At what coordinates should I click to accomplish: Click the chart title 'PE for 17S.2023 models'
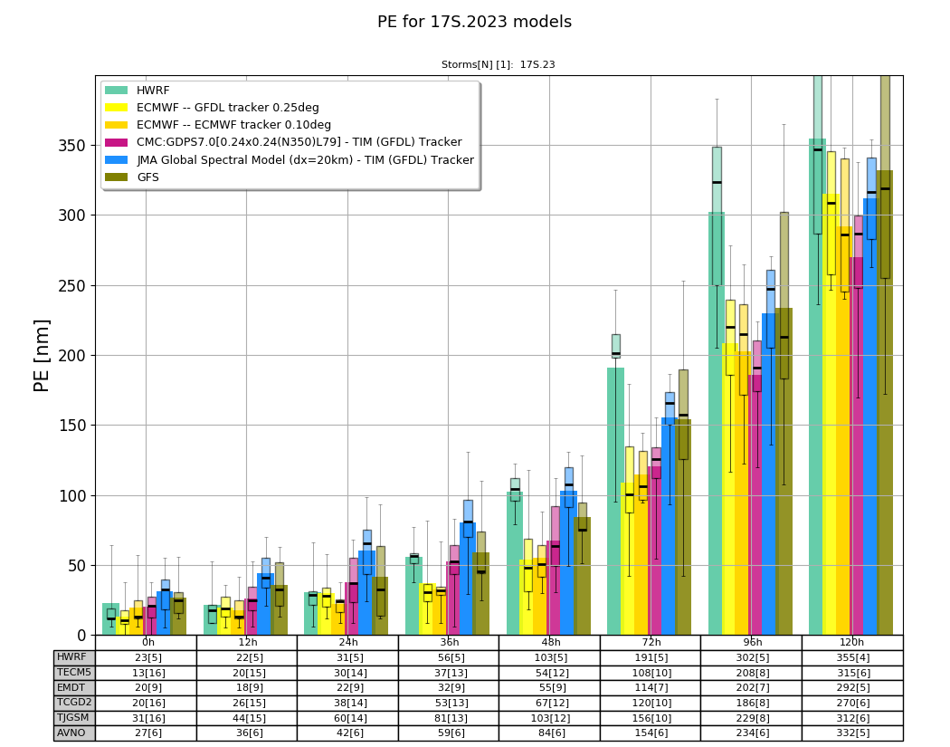tap(474, 22)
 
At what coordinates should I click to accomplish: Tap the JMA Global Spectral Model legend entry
tap(290, 160)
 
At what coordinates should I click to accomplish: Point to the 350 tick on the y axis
tap(72, 146)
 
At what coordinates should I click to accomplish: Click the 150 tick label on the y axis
tap(72, 426)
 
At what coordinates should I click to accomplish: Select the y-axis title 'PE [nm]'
tap(42, 356)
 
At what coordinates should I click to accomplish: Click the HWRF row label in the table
tap(71, 657)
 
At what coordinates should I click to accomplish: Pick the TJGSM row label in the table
tap(72, 717)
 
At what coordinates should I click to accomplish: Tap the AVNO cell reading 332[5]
tap(853, 733)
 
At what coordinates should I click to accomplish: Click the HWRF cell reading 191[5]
tap(651, 658)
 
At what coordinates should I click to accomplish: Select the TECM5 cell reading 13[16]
tap(146, 673)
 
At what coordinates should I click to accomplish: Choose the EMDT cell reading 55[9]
tap(550, 688)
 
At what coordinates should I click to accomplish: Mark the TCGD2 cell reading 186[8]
tap(752, 703)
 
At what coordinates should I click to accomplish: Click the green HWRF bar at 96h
tap(717, 424)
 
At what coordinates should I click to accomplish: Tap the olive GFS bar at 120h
tap(885, 403)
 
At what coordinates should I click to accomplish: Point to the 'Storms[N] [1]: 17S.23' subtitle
tap(498, 64)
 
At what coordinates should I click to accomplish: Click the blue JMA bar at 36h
tap(467, 579)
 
